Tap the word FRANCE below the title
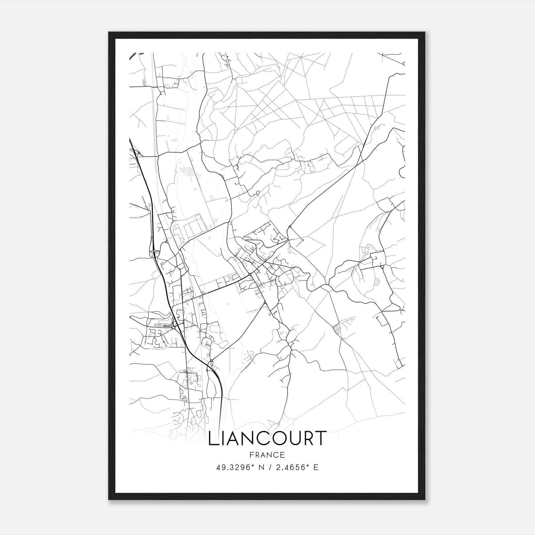[x=267, y=455]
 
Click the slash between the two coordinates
[x=270, y=467]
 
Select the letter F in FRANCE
[x=251, y=455]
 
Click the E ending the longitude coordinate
[x=316, y=467]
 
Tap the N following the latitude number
[x=262, y=467]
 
